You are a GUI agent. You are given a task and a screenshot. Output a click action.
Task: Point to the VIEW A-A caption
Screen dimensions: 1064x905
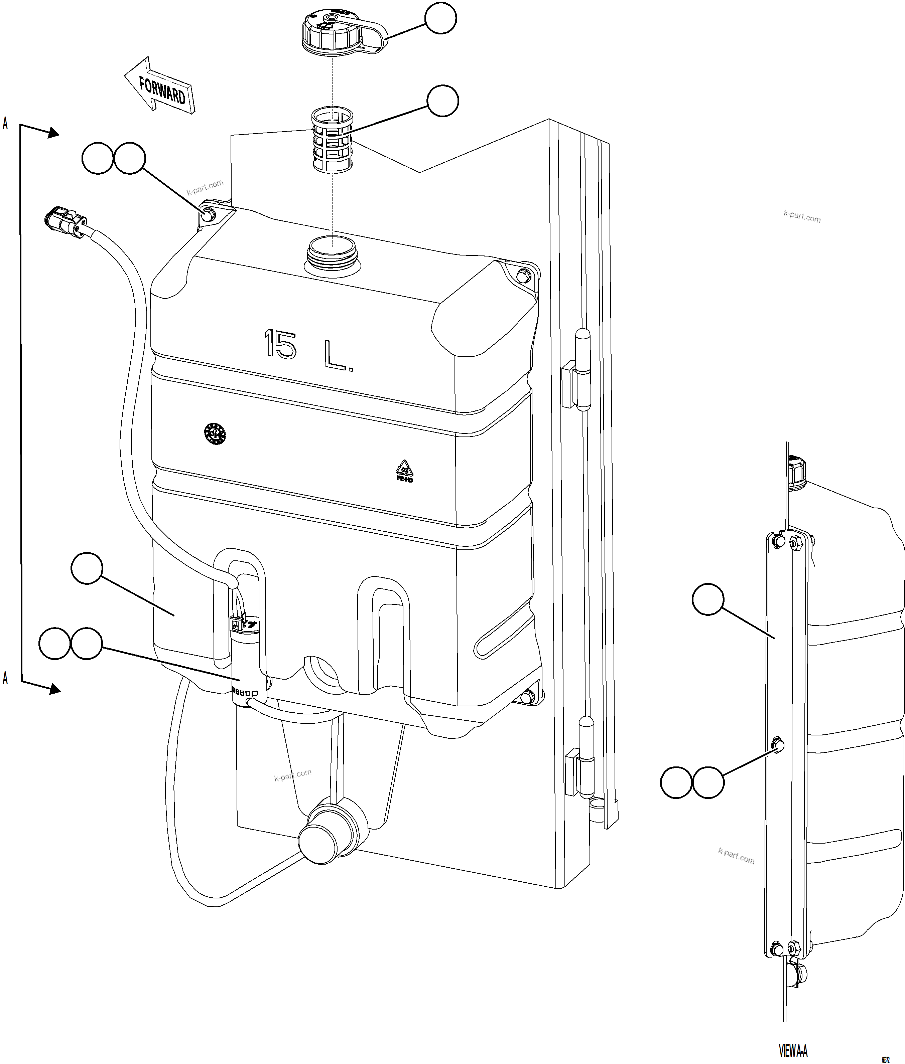tap(793, 1049)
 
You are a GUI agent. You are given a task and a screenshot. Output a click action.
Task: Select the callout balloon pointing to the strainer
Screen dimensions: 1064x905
tap(442, 101)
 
